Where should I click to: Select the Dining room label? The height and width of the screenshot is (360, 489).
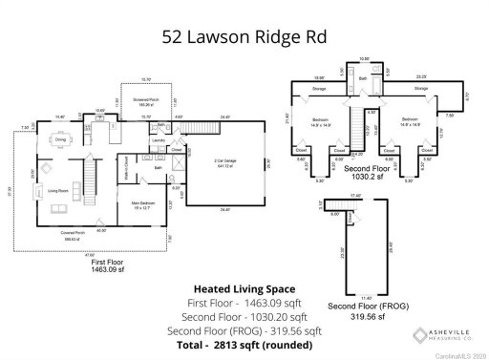click(60, 139)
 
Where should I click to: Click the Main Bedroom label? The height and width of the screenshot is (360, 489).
click(143, 203)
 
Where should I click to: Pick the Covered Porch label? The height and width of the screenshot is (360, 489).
click(71, 234)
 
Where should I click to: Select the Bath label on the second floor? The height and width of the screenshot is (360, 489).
click(363, 78)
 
